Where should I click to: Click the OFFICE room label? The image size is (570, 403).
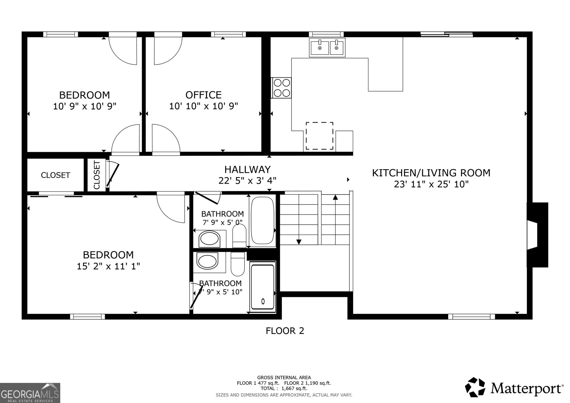click(x=203, y=95)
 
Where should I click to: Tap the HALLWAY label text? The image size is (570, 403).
click(x=247, y=169)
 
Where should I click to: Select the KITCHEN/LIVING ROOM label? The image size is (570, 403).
click(x=431, y=173)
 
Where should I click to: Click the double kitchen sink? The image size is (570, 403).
click(x=327, y=47)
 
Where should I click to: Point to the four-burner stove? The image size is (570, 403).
click(x=281, y=88)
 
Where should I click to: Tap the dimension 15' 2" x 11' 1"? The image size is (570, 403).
click(x=108, y=266)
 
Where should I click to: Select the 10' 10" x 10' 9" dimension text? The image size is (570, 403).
click(x=203, y=106)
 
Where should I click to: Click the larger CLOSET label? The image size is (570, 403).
click(x=56, y=175)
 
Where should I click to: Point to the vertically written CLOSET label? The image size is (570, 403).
click(x=97, y=175)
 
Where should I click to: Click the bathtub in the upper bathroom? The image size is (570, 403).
click(x=263, y=221)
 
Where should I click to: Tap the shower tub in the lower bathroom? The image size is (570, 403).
click(x=263, y=287)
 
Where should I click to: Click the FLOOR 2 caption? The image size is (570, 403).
click(x=285, y=331)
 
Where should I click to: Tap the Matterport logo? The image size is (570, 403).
click(x=514, y=388)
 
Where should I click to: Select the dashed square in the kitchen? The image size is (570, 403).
click(x=320, y=136)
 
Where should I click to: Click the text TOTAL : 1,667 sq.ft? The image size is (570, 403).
click(x=284, y=388)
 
